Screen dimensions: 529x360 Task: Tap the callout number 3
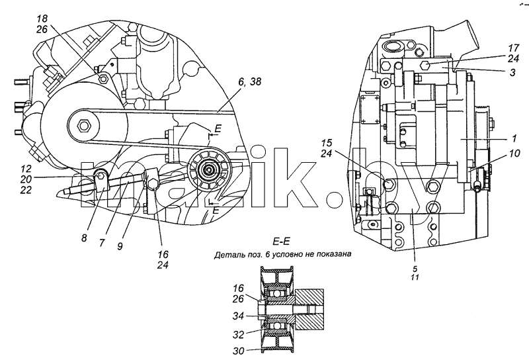(512, 73)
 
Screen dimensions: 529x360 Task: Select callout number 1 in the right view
(514, 138)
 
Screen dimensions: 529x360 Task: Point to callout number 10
(514, 154)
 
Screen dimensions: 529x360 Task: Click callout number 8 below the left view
(84, 238)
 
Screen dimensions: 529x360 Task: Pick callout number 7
(102, 243)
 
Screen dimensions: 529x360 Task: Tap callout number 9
(120, 247)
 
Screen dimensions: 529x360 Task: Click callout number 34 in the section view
(238, 316)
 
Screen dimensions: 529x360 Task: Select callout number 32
(238, 335)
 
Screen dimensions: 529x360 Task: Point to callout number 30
(238, 351)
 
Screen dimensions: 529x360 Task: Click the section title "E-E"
(281, 242)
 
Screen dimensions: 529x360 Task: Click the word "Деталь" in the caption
(227, 254)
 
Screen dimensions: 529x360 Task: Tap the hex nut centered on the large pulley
(83, 126)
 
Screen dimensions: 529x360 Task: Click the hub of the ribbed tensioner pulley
(209, 170)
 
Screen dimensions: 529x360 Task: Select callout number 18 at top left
(42, 19)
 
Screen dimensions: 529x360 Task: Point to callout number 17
(513, 47)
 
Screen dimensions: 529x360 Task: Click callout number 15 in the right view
(326, 142)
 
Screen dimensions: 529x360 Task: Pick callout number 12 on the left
(26, 169)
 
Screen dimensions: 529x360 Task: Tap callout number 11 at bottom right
(415, 277)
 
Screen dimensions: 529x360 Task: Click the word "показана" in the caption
(333, 254)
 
